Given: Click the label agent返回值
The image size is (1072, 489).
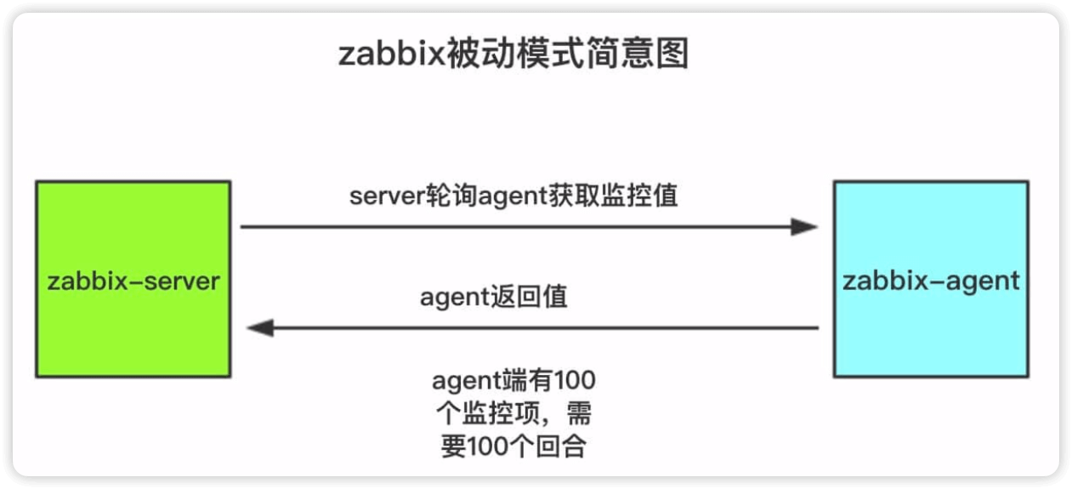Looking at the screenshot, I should [494, 298].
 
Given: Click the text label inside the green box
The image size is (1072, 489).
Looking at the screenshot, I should [133, 281].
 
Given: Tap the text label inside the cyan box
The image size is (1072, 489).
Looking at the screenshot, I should [930, 281].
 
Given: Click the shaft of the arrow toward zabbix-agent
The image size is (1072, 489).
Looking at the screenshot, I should [510, 227].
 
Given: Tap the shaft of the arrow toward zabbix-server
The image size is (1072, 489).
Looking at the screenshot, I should [544, 327].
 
